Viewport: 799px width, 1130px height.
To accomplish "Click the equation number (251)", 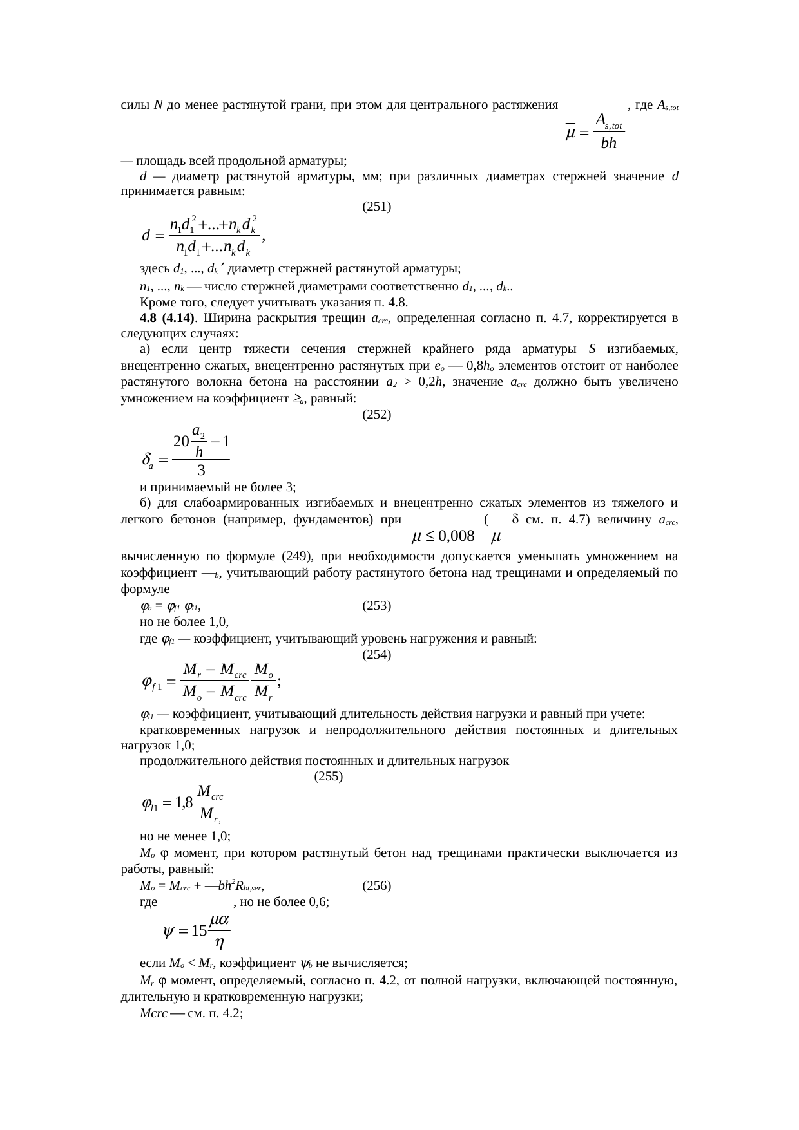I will click(x=377, y=207).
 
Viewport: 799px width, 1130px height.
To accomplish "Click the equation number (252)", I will click(x=377, y=415).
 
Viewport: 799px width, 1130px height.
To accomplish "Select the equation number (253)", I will click(x=377, y=606).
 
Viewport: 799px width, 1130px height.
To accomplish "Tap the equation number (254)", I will click(x=377, y=655).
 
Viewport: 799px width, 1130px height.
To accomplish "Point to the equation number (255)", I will click(x=328, y=777).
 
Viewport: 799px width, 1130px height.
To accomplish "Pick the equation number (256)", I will click(x=377, y=885).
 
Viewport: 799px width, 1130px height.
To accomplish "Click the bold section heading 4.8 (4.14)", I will click(x=168, y=318).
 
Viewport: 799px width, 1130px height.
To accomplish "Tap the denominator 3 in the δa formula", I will click(x=201, y=470).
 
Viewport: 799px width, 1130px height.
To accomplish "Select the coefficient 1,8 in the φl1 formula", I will click(x=184, y=803).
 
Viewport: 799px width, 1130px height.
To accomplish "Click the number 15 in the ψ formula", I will click(x=199, y=930).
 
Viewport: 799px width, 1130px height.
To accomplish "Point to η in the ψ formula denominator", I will click(x=219, y=945).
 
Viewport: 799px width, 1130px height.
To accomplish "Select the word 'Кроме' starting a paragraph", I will click(x=155, y=302).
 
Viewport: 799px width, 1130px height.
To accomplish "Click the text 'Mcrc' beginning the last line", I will click(x=153, y=1013).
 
